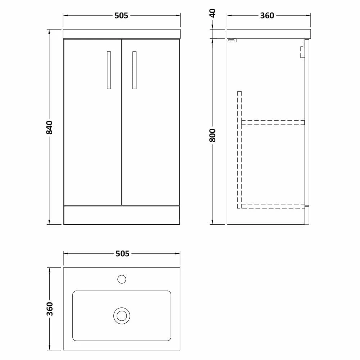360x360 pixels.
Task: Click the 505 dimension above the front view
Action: point(121,15)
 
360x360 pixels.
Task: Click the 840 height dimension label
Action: point(49,127)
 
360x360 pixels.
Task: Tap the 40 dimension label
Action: point(213,13)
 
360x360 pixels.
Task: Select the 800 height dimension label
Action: point(213,135)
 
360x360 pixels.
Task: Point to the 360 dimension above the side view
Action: point(267,15)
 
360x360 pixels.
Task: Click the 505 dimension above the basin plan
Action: point(122,254)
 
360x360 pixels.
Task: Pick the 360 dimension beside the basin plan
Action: point(50,309)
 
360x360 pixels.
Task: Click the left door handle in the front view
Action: point(109,70)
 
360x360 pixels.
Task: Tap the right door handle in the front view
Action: point(134,70)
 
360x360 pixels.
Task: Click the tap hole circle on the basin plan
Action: point(122,279)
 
